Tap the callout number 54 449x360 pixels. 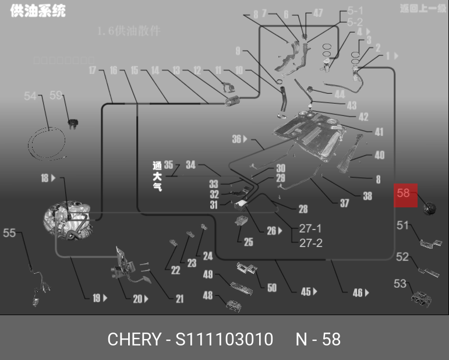tap(30, 97)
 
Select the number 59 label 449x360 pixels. tap(56, 96)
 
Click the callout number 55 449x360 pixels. tap(10, 233)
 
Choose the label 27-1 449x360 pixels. tap(310, 228)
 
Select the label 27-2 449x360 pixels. tap(310, 243)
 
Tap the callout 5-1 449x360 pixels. tap(355, 10)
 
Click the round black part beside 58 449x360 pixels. tap(430, 207)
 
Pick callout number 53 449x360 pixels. tap(400, 284)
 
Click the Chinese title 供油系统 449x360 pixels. tap(38, 11)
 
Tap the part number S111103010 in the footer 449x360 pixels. tap(224, 339)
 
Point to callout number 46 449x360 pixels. tap(358, 293)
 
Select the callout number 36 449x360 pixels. tap(236, 139)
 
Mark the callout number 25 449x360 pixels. tap(249, 242)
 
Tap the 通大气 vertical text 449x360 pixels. tap(157, 176)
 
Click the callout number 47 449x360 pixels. tap(318, 13)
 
